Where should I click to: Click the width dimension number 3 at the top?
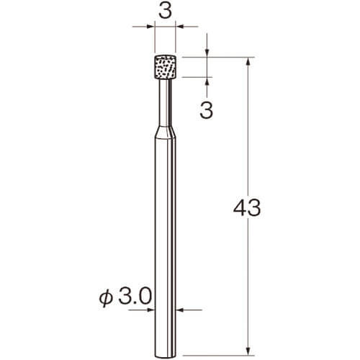(166, 12)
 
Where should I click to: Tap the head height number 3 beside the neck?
(207, 111)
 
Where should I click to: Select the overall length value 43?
(247, 208)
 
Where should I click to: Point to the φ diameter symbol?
(106, 297)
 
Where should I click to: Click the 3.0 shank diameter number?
(135, 297)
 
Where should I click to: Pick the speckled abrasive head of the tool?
(166, 67)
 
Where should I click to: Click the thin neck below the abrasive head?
(166, 103)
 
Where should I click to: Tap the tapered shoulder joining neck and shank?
(166, 132)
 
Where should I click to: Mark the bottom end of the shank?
(166, 355)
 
